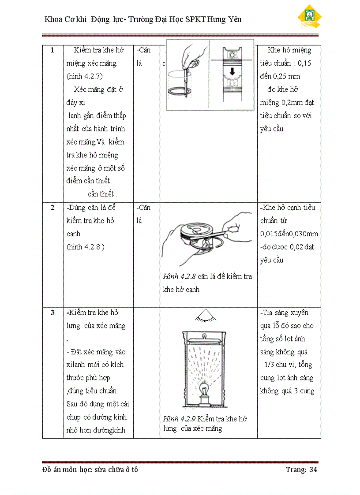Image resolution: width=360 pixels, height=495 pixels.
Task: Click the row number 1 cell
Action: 52,50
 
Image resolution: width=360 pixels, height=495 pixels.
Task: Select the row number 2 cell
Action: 52,208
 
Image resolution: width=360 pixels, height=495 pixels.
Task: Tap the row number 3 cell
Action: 52,313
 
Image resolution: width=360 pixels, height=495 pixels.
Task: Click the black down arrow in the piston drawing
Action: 232,71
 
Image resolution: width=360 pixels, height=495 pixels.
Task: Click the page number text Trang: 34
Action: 301,469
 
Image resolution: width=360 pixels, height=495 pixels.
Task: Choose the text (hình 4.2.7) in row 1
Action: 85,76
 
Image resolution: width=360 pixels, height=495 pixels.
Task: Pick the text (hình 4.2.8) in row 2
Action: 85,247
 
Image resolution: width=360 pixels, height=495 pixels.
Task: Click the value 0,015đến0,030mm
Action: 289,234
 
